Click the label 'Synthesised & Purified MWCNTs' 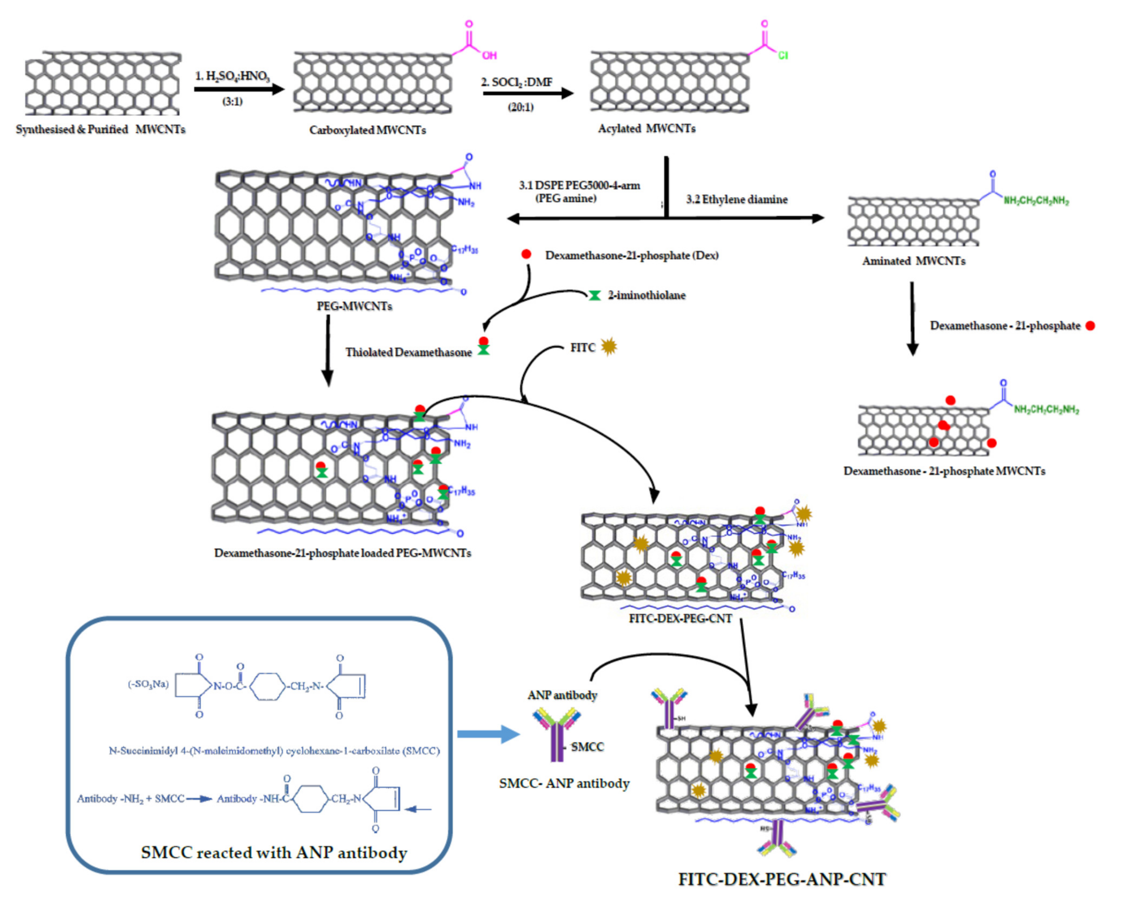point(100,129)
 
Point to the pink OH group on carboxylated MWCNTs point(489,55)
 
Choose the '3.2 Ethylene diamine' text point(736,199)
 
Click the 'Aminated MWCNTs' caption point(913,261)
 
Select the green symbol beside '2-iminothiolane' point(594,296)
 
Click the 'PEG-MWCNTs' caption point(354,306)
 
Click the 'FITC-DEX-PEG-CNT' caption point(680,618)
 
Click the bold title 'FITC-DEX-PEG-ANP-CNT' point(782,879)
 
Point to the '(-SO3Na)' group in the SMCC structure point(148,684)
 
